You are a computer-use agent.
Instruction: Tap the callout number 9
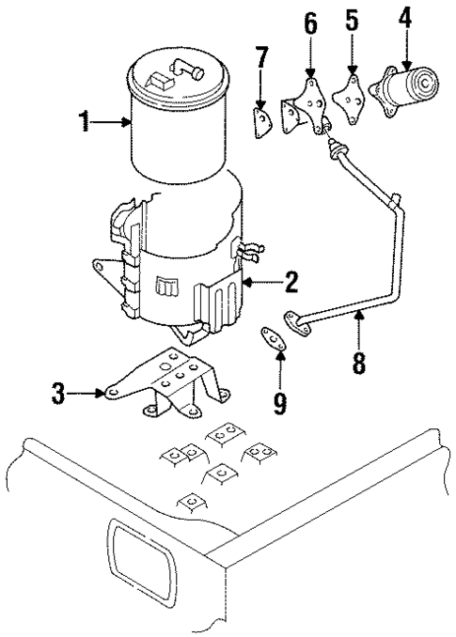pos(279,402)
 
